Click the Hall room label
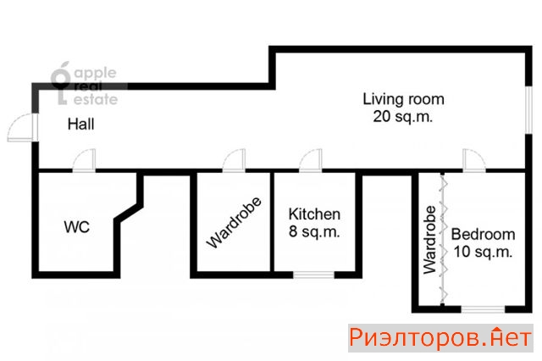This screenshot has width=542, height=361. [x=81, y=124]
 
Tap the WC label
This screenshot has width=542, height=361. [x=77, y=227]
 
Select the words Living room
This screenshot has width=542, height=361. [x=403, y=99]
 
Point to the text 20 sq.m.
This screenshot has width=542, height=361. [x=403, y=116]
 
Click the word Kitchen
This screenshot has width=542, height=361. [x=314, y=214]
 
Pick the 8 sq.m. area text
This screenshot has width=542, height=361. [x=314, y=231]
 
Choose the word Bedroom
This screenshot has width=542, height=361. [x=483, y=235]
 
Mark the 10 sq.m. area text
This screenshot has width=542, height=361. [x=483, y=252]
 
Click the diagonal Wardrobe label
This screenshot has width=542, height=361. [x=234, y=223]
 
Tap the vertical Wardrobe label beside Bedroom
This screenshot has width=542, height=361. [x=429, y=240]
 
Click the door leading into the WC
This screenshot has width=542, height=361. [x=84, y=160]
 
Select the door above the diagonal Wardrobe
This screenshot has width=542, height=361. [x=234, y=160]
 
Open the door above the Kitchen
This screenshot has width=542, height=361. [x=311, y=160]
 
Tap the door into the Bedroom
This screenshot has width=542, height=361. [x=474, y=160]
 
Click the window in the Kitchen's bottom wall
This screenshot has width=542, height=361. [x=314, y=275]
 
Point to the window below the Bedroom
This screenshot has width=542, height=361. [x=484, y=309]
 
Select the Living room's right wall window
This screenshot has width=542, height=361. [x=528, y=109]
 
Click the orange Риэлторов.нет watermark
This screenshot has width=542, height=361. [x=440, y=338]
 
